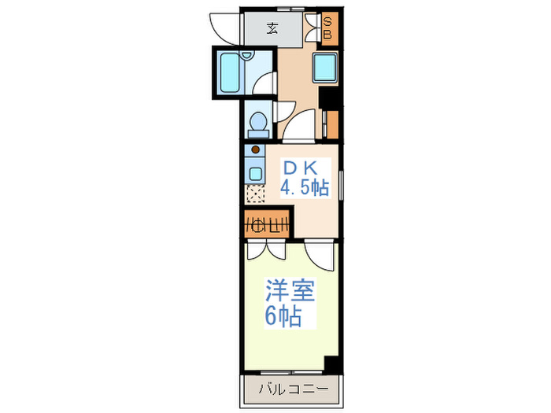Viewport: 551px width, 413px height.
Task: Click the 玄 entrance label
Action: (272, 28)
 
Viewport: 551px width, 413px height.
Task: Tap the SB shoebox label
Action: (327, 28)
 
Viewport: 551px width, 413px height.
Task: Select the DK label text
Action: (301, 168)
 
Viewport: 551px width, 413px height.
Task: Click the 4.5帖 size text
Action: (305, 188)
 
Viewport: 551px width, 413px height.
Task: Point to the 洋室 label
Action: (290, 290)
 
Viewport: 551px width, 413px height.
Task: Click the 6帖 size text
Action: (283, 316)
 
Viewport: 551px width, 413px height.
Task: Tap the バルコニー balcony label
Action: (294, 389)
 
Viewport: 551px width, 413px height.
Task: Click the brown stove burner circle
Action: (256, 149)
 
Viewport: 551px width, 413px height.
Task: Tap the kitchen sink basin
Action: (256, 174)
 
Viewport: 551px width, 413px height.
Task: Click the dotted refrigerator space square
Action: (255, 194)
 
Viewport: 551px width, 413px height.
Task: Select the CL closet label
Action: (266, 224)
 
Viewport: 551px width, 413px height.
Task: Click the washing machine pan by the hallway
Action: (324, 68)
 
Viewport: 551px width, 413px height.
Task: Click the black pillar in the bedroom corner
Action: (331, 363)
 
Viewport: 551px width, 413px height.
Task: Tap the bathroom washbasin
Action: (247, 56)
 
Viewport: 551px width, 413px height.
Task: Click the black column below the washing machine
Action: (328, 98)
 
